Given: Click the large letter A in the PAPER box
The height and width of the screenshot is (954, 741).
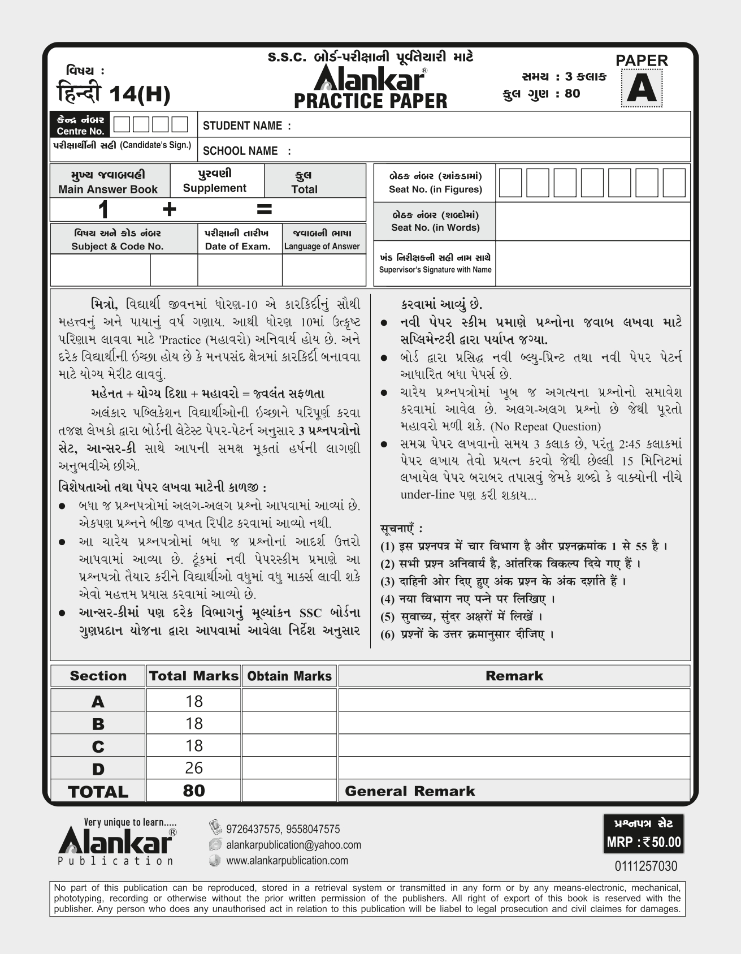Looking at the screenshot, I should pyautogui.click(x=642, y=89).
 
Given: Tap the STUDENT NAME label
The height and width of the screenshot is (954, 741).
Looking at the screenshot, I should pyautogui.click(x=247, y=126).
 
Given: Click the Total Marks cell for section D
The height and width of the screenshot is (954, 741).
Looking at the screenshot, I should pyautogui.click(x=194, y=767).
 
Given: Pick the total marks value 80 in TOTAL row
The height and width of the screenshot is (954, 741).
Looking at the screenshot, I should pyautogui.click(x=194, y=791).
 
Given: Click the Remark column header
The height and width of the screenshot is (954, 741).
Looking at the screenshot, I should pyautogui.click(x=514, y=676).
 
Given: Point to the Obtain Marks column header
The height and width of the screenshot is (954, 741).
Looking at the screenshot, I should pyautogui.click(x=289, y=676).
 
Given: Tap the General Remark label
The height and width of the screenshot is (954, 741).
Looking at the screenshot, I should pyautogui.click(x=410, y=791).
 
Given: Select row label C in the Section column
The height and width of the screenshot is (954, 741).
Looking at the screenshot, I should pyautogui.click(x=98, y=746).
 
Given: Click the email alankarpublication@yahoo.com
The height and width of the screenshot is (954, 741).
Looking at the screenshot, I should pyautogui.click(x=293, y=845).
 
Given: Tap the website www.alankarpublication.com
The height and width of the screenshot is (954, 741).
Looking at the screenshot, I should pyautogui.click(x=287, y=861).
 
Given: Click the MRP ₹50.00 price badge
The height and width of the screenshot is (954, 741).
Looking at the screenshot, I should pyautogui.click(x=644, y=842).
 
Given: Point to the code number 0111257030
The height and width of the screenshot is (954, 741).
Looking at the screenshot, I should pyautogui.click(x=645, y=866).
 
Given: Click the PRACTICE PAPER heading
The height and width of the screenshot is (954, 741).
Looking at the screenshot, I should pyautogui.click(x=370, y=101).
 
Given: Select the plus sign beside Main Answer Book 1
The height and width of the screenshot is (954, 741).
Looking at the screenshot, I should pyautogui.click(x=169, y=210).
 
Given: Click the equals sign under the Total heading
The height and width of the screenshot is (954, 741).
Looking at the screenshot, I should pyautogui.click(x=264, y=210).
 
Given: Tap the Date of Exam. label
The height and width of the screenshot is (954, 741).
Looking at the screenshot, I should pyautogui.click(x=237, y=247).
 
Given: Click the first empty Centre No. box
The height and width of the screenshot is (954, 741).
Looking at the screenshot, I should pyautogui.click(x=121, y=124).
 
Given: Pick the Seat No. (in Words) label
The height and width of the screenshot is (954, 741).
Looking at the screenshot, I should pyautogui.click(x=435, y=227).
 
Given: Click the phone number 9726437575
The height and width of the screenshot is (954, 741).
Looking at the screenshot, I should pyautogui.click(x=253, y=829).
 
